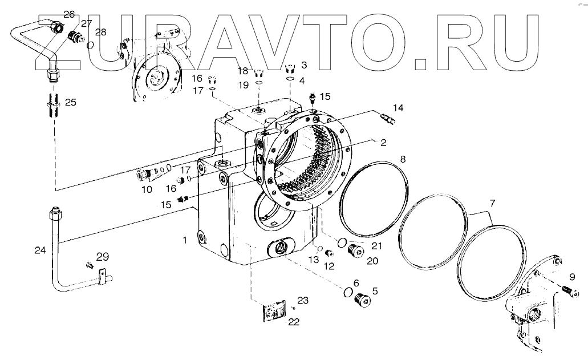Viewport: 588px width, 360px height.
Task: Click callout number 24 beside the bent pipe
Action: [x=39, y=249]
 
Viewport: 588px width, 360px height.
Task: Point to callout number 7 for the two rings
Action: [x=492, y=203]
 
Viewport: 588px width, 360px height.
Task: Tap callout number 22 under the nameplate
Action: [x=293, y=322]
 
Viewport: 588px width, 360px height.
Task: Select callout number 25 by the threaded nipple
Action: [x=70, y=103]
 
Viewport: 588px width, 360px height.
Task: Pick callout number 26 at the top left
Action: [x=69, y=14]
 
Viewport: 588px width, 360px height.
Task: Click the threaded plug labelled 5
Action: [x=361, y=298]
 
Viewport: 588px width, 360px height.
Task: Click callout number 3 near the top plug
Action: [x=303, y=65]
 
